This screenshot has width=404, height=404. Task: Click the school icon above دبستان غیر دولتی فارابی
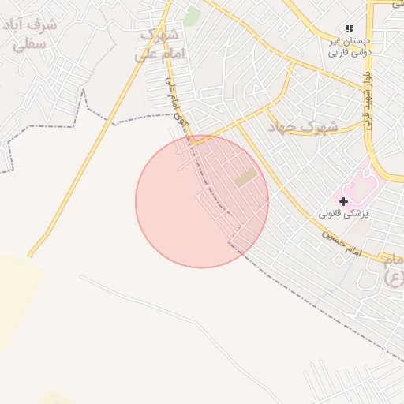coord(350,28)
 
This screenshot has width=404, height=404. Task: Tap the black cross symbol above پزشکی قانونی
coord(343,202)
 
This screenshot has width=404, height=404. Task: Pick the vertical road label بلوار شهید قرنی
coord(367,99)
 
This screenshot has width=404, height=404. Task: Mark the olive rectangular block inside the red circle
coord(245,178)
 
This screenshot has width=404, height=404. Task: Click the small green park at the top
coord(192,14)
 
